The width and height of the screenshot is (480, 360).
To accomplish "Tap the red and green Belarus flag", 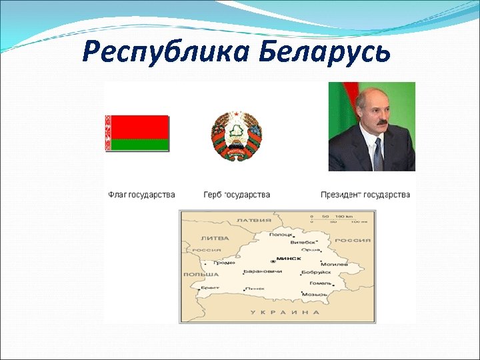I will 137,133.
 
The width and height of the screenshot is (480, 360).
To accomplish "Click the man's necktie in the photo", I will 377,154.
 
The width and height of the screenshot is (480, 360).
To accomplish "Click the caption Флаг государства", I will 141,195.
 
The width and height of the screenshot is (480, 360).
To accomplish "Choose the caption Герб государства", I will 237,195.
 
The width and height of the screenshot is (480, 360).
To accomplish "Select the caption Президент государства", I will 365,195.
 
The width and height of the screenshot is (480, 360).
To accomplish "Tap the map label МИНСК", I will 289,258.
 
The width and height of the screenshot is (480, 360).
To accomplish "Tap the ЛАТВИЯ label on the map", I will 254,219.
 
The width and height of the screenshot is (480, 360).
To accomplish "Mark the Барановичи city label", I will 259,272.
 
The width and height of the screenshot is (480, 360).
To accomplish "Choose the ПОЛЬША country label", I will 201,274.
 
